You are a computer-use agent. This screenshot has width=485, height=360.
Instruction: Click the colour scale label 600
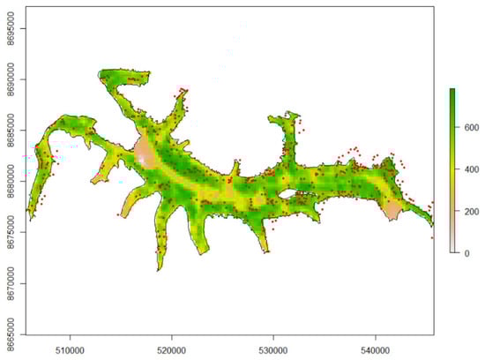[x=471, y=128]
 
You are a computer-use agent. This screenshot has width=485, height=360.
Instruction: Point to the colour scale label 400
[x=471, y=169]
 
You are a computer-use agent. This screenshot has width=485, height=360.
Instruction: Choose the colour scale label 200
[x=471, y=212]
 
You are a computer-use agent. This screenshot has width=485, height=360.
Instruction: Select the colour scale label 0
[x=467, y=253]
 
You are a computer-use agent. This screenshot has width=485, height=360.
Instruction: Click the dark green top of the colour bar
[x=451, y=92]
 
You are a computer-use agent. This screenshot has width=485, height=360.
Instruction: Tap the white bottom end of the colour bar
[x=451, y=251]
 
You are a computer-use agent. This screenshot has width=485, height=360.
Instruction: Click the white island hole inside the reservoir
[x=287, y=188]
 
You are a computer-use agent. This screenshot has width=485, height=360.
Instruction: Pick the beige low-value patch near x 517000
[x=145, y=152]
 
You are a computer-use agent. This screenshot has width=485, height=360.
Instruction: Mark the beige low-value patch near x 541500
[x=392, y=209]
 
